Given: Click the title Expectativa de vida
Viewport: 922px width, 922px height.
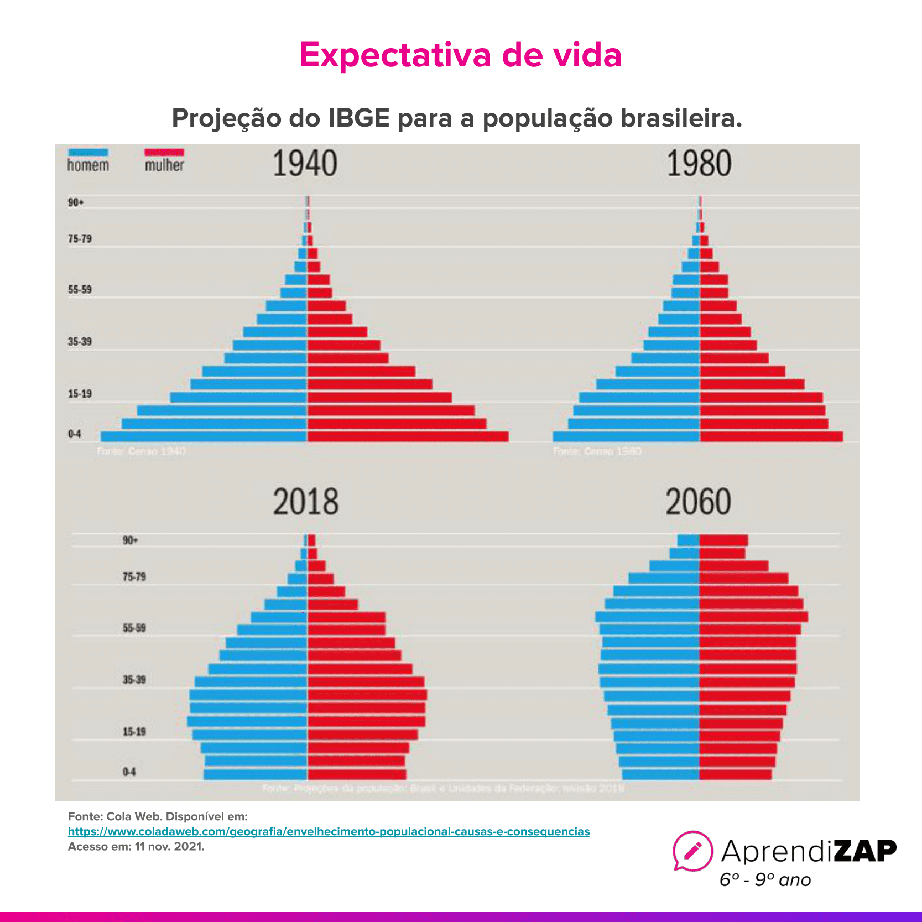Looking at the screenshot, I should pos(460,55).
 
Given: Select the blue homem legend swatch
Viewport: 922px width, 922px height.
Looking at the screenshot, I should pos(88,152).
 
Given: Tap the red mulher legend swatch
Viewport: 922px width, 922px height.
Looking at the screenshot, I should pos(164,152).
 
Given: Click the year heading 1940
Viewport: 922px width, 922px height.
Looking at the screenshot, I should pos(305,164).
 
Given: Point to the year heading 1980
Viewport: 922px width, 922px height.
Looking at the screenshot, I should pos(699,164).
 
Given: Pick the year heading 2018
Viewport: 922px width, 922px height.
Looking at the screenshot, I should pos(305,502).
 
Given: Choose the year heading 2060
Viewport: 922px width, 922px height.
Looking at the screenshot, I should pos(698,502).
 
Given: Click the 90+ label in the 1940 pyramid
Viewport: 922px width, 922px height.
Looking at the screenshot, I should pos(76,202).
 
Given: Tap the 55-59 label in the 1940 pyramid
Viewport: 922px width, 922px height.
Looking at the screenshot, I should pos(80,290).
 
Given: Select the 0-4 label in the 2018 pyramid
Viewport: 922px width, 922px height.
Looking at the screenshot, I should pos(129,772).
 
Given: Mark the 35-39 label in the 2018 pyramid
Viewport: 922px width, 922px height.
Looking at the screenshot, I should pos(134,680).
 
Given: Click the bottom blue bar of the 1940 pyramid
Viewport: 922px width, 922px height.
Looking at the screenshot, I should pos(203,436).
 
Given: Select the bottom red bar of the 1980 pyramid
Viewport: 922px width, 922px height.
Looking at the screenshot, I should pos(771,436).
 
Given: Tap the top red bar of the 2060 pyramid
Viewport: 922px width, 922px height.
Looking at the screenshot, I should pos(723,540).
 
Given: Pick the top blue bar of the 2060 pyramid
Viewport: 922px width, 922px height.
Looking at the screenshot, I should pos(688,540).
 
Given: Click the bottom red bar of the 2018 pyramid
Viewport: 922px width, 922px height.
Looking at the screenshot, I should pos(357,774).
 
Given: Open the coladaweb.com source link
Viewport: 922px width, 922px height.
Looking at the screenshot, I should pos(329,831).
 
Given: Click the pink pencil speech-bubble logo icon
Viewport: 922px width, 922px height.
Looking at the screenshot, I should pos(692,851).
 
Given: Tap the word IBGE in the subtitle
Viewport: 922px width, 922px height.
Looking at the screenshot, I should pos(359,118).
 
